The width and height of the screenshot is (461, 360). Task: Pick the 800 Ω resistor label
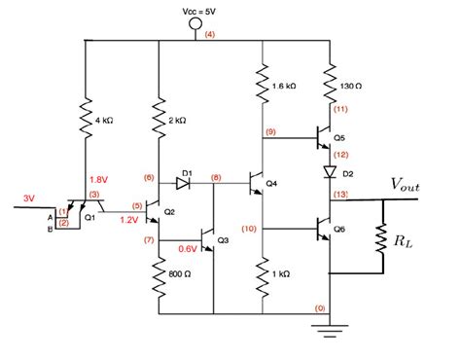click(178, 274)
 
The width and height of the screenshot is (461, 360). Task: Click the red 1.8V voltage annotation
click(99, 179)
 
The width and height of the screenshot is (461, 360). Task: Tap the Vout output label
click(408, 183)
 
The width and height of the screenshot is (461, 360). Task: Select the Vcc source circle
click(195, 23)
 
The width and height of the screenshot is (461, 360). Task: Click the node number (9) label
click(269, 132)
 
